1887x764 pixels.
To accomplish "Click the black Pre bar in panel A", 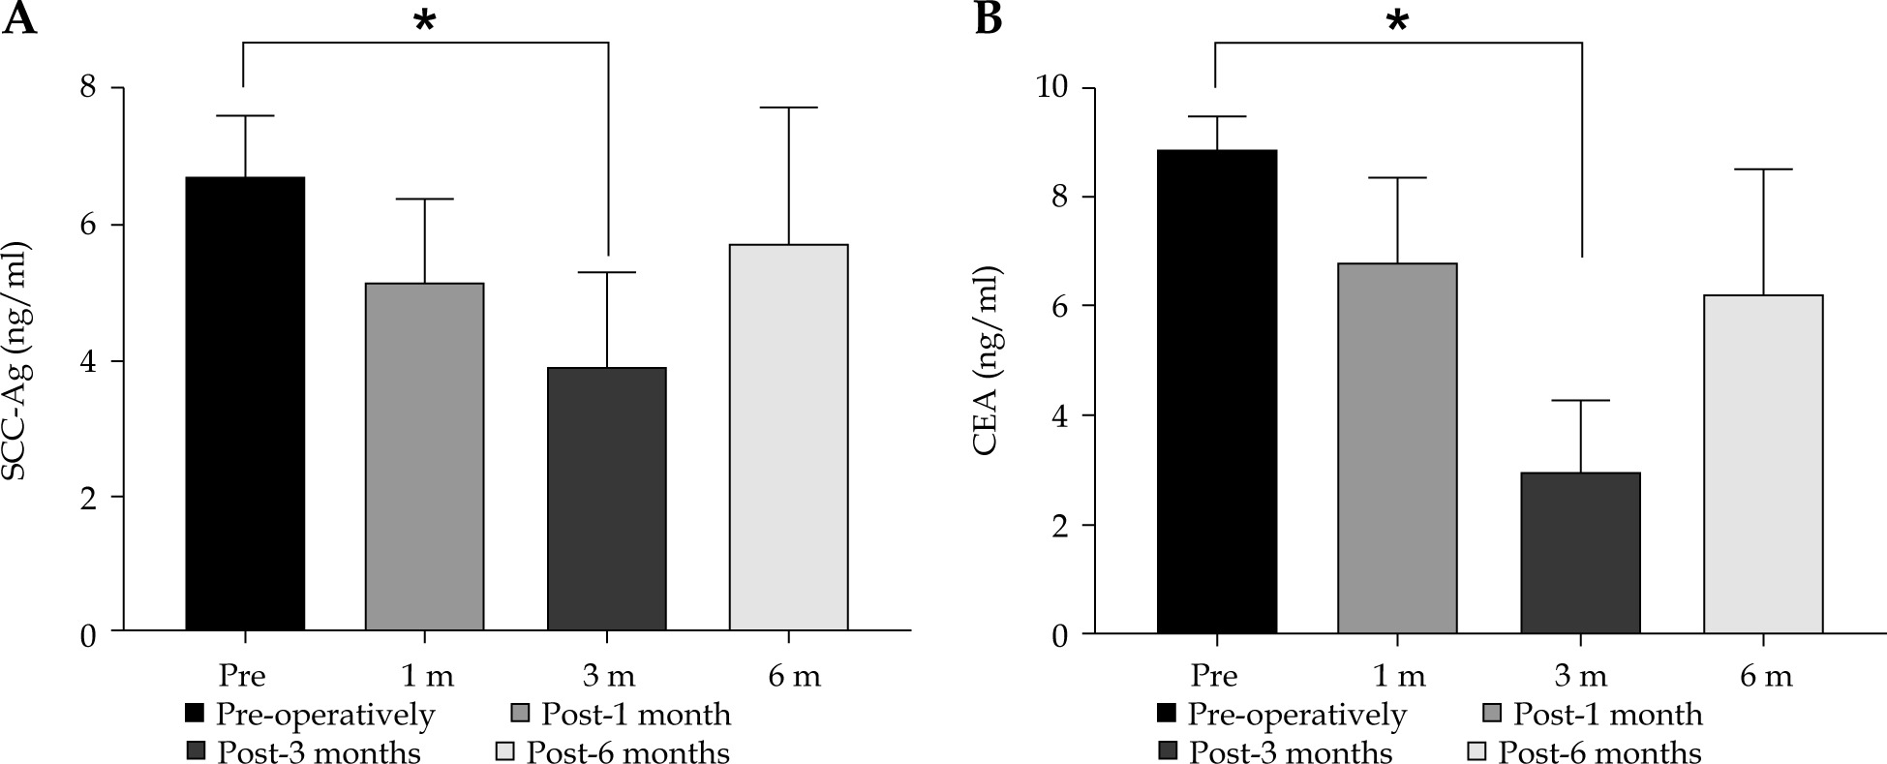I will [x=245, y=404].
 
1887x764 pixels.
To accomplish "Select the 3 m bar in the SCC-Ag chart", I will [x=607, y=499].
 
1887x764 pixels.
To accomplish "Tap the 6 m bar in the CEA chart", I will [x=1762, y=464].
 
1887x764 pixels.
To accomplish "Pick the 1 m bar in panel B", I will [x=1397, y=448].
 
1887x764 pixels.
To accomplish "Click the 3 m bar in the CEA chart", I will [x=1580, y=553].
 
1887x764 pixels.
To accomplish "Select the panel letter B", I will [x=988, y=19].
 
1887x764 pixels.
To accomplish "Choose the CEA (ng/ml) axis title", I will [x=991, y=360].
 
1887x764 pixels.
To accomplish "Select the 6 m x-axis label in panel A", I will [x=794, y=674].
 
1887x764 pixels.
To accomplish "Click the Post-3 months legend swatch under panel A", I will [x=196, y=751].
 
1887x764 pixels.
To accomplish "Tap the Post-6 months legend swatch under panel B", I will [x=1476, y=752].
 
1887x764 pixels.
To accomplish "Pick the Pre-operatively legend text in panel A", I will [x=325, y=715].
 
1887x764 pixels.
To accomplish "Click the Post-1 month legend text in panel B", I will [x=1607, y=715].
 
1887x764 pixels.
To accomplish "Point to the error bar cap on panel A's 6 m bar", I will [x=788, y=107].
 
